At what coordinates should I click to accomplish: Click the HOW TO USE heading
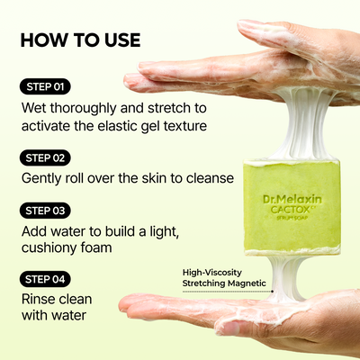(x=80, y=40)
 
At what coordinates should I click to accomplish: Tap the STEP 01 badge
(x=44, y=87)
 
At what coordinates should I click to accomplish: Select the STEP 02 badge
(x=45, y=157)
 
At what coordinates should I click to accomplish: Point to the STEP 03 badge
(x=45, y=211)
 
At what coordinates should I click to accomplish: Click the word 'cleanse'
(x=207, y=177)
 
